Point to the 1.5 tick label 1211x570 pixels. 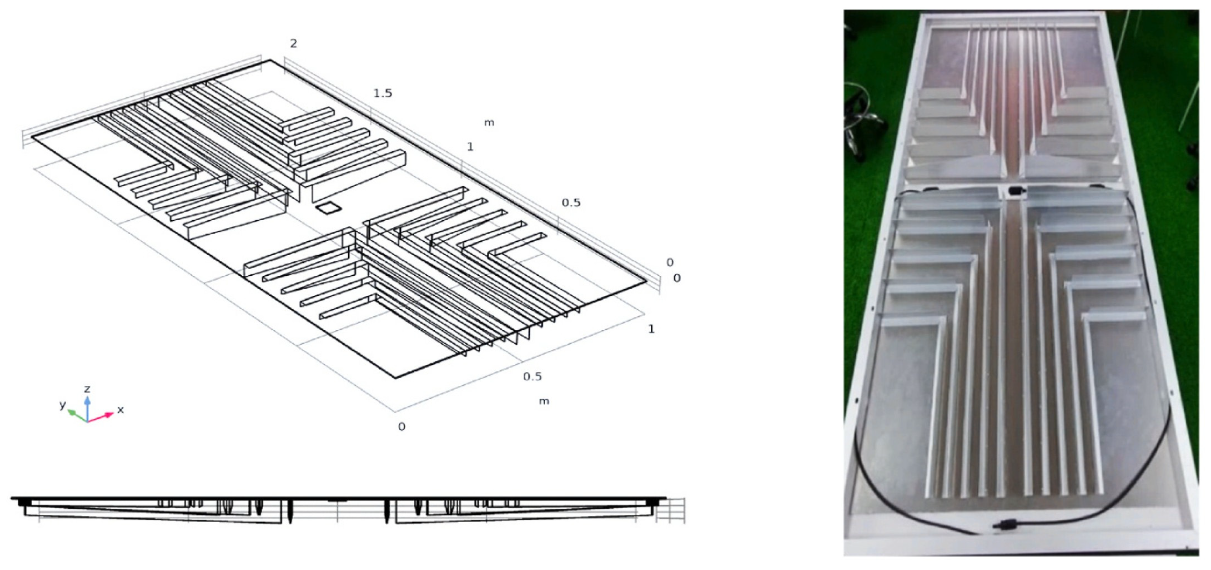pos(383,93)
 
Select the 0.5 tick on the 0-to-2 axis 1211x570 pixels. pos(571,203)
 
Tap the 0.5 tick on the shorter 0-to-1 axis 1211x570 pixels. pos(532,376)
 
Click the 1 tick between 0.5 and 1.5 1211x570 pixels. pos(470,146)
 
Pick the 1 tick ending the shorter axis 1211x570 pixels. pos(651,329)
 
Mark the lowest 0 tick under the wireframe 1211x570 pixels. pos(401,427)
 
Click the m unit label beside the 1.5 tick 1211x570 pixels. pos(489,123)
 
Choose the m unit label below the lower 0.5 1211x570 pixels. pos(544,401)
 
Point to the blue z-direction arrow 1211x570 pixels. pos(87,408)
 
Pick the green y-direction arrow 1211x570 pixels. pos(78,416)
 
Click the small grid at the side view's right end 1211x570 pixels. pos(671,510)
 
